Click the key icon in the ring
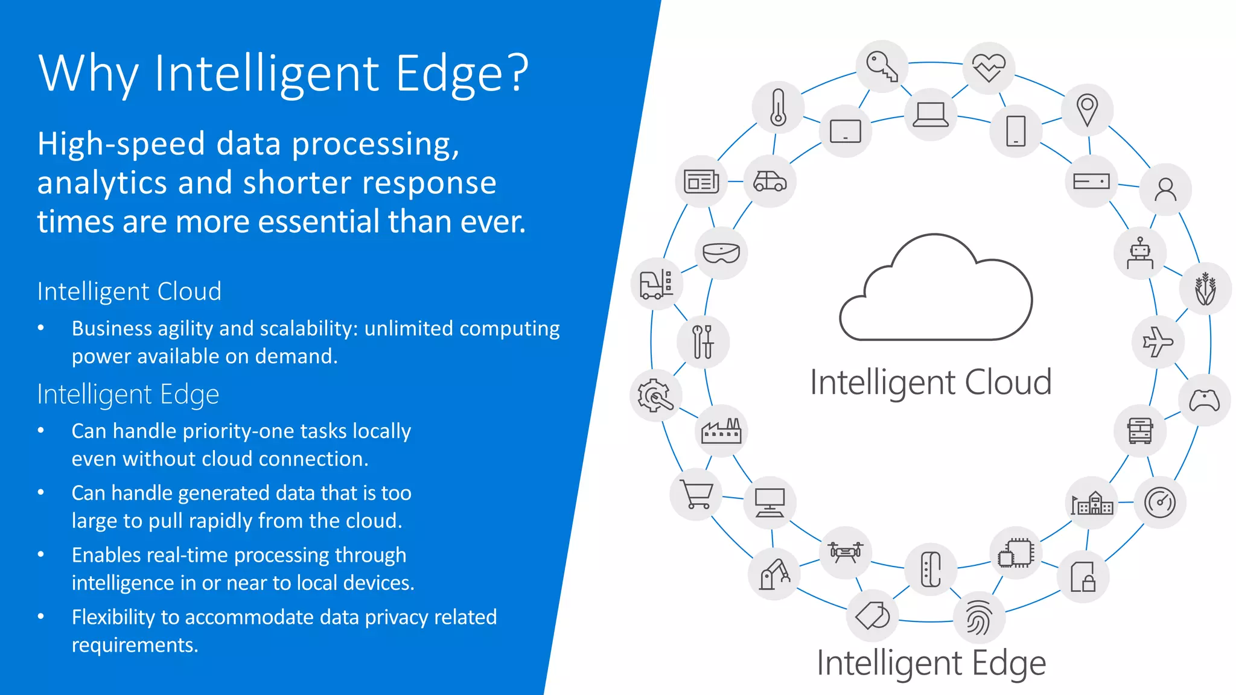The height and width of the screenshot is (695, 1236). pos(882,66)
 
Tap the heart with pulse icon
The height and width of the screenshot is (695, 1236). pos(989,68)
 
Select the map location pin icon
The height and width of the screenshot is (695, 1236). pos(1087,110)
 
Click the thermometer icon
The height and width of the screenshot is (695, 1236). pos(778,107)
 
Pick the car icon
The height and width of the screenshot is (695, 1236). pos(769,181)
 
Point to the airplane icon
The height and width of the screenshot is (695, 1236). pos(1158,342)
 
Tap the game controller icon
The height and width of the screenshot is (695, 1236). pos(1204,401)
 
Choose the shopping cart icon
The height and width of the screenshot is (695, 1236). pos(696,494)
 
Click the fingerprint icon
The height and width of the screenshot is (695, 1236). pos(978,618)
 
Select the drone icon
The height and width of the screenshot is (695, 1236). pos(846,552)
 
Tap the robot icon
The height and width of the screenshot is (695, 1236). pos(1139,253)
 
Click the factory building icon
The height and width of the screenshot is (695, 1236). pos(721,431)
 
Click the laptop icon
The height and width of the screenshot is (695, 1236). pos(930,115)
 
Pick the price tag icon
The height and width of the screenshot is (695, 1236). pos(872,616)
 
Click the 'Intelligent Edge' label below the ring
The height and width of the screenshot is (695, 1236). pos(931,663)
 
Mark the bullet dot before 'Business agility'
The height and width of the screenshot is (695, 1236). pos(41,328)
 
